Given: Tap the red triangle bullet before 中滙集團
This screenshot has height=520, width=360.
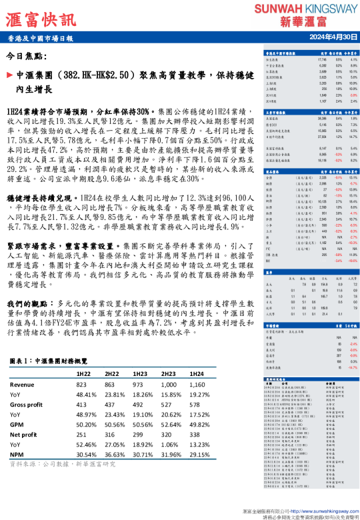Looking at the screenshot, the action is [9, 76].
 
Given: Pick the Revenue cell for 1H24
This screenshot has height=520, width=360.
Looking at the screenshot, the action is [198, 385].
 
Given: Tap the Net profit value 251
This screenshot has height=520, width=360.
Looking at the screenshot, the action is [83, 433].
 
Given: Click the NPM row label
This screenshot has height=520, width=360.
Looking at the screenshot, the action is [17, 453].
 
